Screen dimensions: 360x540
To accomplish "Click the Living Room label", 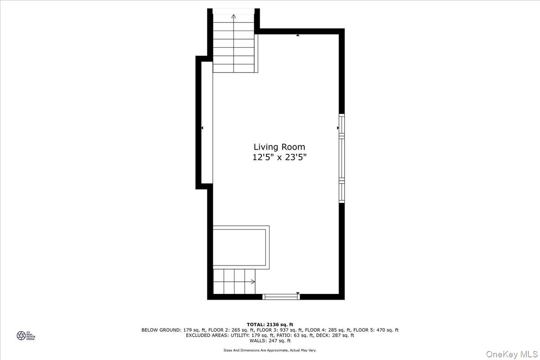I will (x=279, y=147).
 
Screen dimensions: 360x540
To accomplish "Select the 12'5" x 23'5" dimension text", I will (x=279, y=157).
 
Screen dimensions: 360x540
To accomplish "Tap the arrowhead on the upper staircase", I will (x=234, y=17).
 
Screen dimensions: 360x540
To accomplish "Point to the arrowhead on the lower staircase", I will (x=253, y=282).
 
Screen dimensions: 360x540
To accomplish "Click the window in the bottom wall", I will (x=281, y=296).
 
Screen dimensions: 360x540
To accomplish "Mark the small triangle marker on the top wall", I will (x=298, y=34).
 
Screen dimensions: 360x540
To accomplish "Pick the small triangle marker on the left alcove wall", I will (x=202, y=128).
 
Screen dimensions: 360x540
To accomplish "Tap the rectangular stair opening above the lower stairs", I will (x=241, y=247).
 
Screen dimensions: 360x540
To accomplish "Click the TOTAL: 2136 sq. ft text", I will (x=270, y=324).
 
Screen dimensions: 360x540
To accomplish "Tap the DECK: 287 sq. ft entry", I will (x=333, y=335).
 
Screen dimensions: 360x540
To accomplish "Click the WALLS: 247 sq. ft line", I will (x=270, y=341).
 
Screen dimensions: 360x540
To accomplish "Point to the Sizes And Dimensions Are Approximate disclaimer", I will (x=270, y=350).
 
